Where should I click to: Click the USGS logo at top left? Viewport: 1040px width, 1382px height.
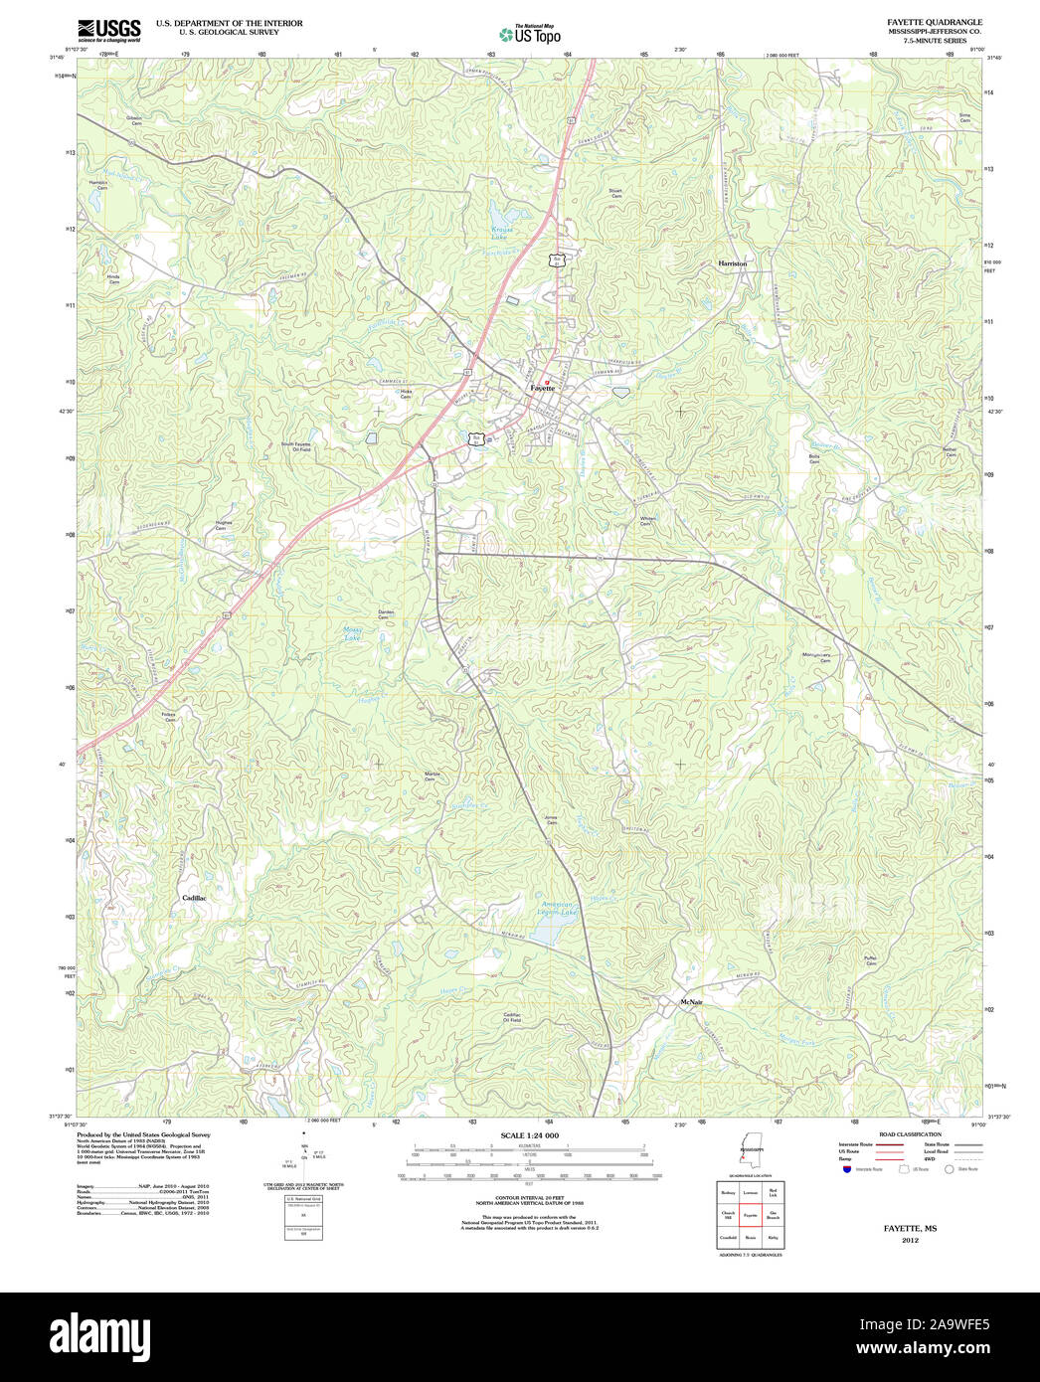click(x=108, y=29)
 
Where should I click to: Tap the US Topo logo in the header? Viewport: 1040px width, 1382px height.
click(x=530, y=34)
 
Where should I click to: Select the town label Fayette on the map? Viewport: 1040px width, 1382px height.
click(x=543, y=388)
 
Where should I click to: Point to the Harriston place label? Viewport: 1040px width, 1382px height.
click(x=732, y=263)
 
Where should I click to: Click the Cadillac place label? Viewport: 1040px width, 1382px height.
click(x=194, y=898)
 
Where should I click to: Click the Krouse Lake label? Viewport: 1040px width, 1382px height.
click(x=500, y=235)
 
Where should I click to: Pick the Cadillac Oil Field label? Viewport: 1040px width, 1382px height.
click(x=511, y=1017)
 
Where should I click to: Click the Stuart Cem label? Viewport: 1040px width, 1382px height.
click(x=615, y=194)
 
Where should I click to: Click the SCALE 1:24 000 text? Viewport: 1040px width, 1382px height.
click(x=529, y=1135)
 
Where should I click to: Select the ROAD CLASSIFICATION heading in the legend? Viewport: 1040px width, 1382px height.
click(x=910, y=1134)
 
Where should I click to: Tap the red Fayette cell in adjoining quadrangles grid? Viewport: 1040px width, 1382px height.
click(x=750, y=1215)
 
